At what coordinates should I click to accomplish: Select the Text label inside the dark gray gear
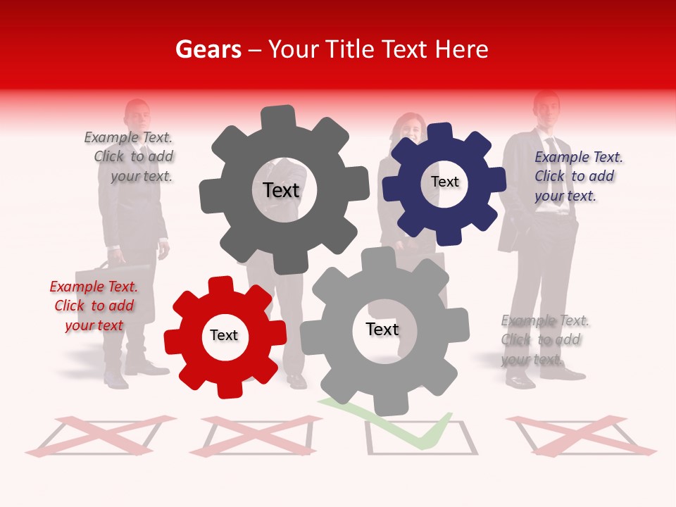pos(281,190)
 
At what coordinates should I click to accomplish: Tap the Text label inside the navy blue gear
pos(444,182)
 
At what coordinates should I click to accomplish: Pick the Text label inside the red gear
pos(224,335)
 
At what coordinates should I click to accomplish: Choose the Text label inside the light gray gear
pos(382,329)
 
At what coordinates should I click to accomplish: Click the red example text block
pos(94,306)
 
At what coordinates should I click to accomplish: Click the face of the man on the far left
pos(137,114)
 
